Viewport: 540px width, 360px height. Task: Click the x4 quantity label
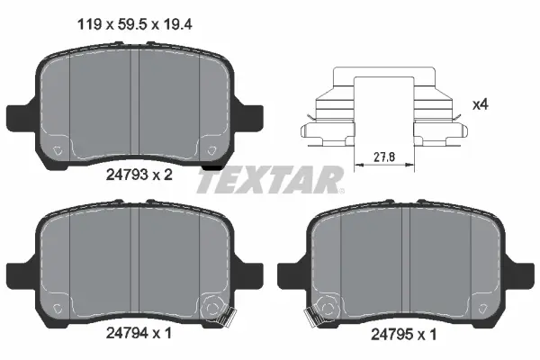pyautogui.click(x=481, y=105)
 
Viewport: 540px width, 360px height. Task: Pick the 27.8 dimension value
pyautogui.click(x=383, y=156)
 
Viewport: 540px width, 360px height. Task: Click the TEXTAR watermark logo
pyautogui.click(x=270, y=179)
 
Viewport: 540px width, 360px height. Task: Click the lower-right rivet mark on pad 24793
pyautogui.click(x=212, y=150)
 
